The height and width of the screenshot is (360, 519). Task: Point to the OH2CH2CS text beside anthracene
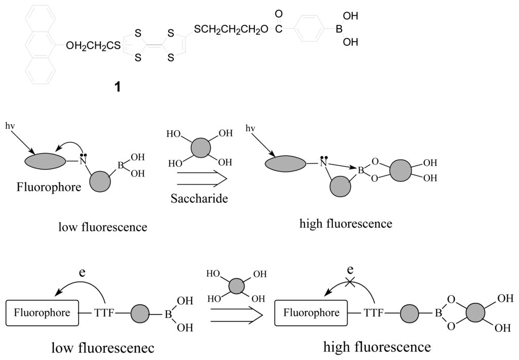pos(93,46)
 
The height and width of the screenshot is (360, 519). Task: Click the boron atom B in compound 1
pos(339,30)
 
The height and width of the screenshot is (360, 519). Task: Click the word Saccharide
pos(198,199)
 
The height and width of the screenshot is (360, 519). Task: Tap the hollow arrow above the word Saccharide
pos(198,178)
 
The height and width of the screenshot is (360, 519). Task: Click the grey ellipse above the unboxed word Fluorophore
pos(46,161)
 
